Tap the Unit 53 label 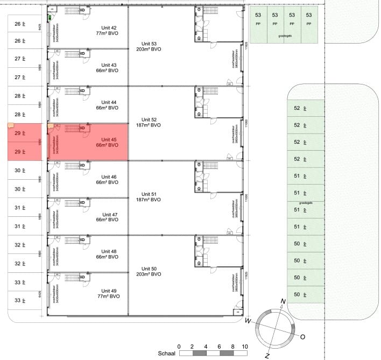pyautogui.click(x=149, y=44)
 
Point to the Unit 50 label pyautogui.click(x=149, y=269)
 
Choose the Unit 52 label pyautogui.click(x=149, y=119)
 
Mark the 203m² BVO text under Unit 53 pyautogui.click(x=149, y=50)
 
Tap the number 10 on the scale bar pyautogui.click(x=245, y=346)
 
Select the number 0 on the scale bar pyautogui.click(x=179, y=346)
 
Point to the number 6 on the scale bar pyautogui.click(x=219, y=346)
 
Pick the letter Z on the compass pyautogui.click(x=267, y=356)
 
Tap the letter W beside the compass pyautogui.click(x=248, y=321)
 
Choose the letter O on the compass pyautogui.click(x=302, y=337)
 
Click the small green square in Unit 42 pyautogui.click(x=50, y=17)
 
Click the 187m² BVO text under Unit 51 pyautogui.click(x=149, y=200)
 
